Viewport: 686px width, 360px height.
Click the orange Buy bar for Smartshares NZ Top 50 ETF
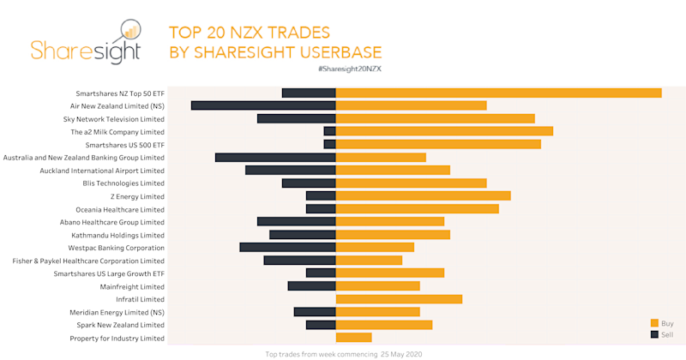pyautogui.click(x=498, y=93)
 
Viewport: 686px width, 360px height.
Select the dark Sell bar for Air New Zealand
pyautogui.click(x=263, y=105)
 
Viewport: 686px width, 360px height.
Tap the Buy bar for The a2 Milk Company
pyautogui.click(x=444, y=131)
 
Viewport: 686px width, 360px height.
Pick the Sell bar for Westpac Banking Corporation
pyautogui.click(x=287, y=247)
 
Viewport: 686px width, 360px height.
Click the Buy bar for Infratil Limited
pyautogui.click(x=399, y=299)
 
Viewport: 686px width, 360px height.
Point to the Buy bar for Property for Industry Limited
pyautogui.click(x=353, y=338)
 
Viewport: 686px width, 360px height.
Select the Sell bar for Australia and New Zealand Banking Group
pyautogui.click(x=275, y=158)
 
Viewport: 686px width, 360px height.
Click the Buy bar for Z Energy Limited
pyautogui.click(x=423, y=196)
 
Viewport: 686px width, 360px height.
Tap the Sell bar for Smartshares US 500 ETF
pyautogui.click(x=329, y=145)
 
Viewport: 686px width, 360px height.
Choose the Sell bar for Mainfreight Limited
pyautogui.click(x=311, y=286)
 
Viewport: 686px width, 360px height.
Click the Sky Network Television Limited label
pyautogui.click(x=114, y=119)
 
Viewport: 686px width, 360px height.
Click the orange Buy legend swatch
pyautogui.click(x=654, y=323)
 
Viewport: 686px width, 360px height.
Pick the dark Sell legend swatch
pyautogui.click(x=654, y=334)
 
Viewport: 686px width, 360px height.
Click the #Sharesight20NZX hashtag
pyautogui.click(x=349, y=67)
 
